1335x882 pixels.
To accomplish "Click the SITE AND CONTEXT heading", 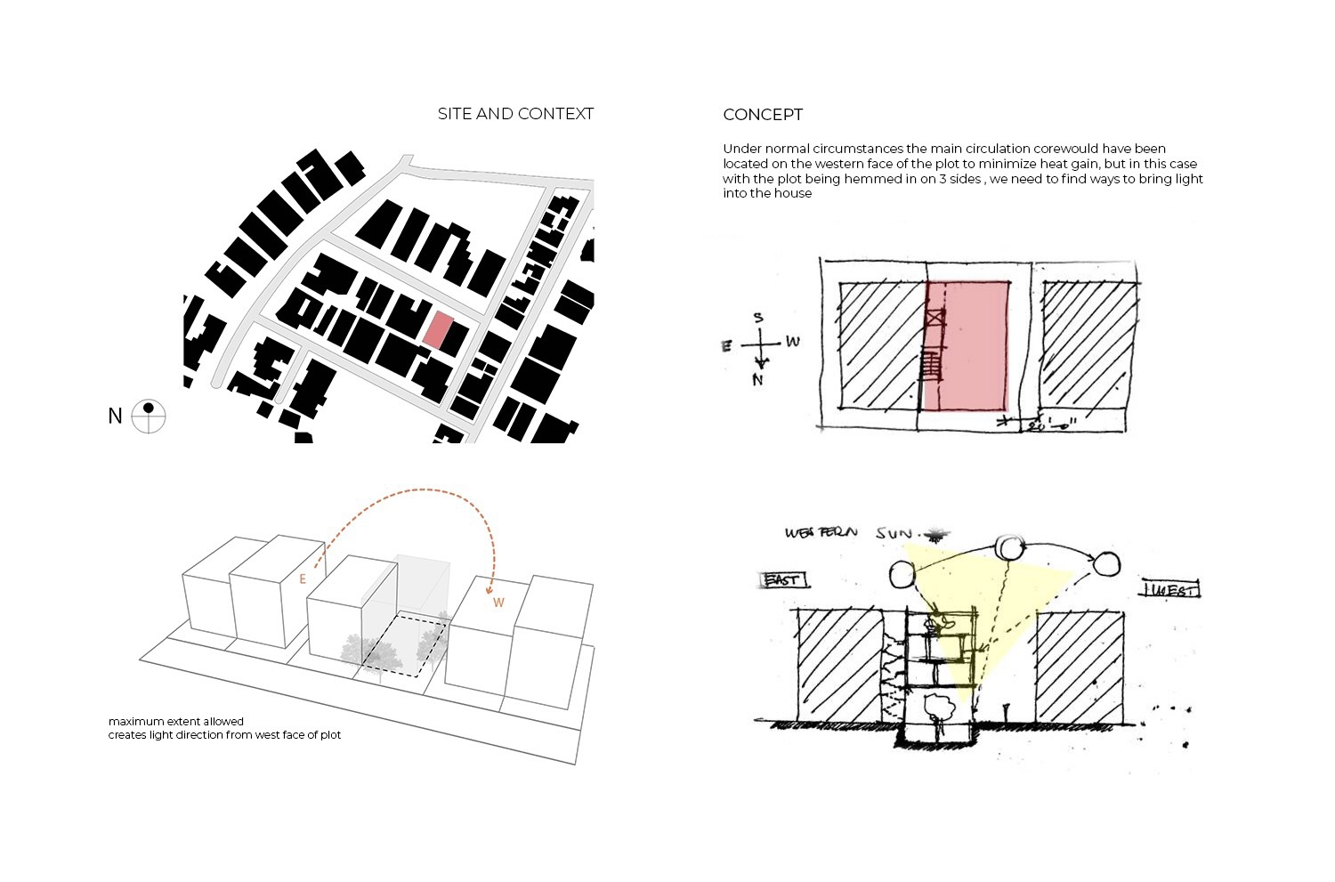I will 515,114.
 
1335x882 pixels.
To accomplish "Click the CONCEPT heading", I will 763,115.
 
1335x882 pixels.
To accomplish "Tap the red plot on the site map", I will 438,329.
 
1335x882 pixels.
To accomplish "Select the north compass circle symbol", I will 149,416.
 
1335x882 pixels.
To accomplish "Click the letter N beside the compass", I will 115,416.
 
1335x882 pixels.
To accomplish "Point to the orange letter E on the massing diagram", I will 303,579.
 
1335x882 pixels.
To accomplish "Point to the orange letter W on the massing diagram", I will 498,603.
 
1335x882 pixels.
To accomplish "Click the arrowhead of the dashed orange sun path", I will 489,590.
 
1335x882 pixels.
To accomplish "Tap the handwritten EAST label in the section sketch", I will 783,580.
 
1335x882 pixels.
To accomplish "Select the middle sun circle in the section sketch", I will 1009,546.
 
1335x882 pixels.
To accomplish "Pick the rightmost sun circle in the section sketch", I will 1107,563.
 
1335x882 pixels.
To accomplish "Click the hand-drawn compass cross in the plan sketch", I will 760,344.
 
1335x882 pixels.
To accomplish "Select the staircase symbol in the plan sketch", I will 931,365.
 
